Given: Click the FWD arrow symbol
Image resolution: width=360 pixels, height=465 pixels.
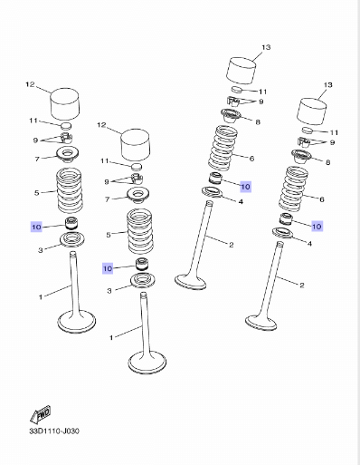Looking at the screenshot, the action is tap(41, 414).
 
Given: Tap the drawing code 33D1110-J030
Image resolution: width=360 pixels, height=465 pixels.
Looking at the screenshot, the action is tap(54, 431).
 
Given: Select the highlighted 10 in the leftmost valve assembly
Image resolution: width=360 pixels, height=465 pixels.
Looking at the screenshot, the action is tap(36, 227).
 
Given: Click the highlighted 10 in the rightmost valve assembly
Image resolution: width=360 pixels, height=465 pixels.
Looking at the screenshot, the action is tap(317, 226).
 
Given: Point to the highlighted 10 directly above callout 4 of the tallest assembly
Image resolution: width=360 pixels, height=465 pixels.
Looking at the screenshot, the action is tap(245, 187).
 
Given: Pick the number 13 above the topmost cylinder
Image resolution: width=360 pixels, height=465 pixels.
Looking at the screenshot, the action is tap(266, 47).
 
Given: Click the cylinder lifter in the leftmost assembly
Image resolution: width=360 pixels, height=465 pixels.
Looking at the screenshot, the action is tap(64, 103).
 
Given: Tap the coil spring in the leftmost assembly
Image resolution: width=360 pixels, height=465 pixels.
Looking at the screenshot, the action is tap(70, 190).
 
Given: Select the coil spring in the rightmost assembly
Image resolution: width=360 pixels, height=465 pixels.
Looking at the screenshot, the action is tap(294, 189).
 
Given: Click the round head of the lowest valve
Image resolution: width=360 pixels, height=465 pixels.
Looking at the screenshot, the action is tap(147, 363).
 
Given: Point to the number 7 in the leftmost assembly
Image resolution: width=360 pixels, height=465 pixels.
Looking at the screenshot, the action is tap(37, 159).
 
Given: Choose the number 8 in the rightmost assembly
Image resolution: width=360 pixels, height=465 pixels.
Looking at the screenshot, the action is tap(327, 162).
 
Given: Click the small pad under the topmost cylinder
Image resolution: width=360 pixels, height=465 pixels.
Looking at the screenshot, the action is tap(237, 90).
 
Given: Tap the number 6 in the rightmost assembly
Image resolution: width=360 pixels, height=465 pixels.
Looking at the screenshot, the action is tap(322, 199).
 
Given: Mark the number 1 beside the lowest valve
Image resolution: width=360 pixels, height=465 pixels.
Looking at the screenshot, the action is tap(111, 337).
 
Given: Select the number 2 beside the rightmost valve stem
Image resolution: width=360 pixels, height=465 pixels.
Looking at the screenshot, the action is tap(302, 285).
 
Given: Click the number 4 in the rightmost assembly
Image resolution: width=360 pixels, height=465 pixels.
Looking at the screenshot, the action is tap(309, 243).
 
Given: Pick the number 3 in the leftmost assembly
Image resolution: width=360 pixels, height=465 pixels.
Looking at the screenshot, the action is tap(41, 250).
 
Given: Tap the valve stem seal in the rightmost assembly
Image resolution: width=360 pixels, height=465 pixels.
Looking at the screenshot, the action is tap(286, 218).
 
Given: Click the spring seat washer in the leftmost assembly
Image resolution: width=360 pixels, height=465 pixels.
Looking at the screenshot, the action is tap(72, 240).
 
